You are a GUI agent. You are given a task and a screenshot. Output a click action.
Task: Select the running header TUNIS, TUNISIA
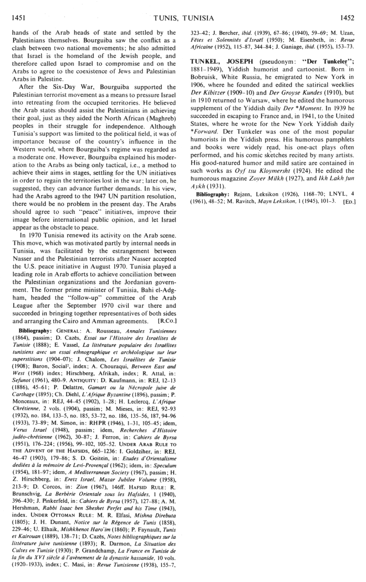[183, 19]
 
